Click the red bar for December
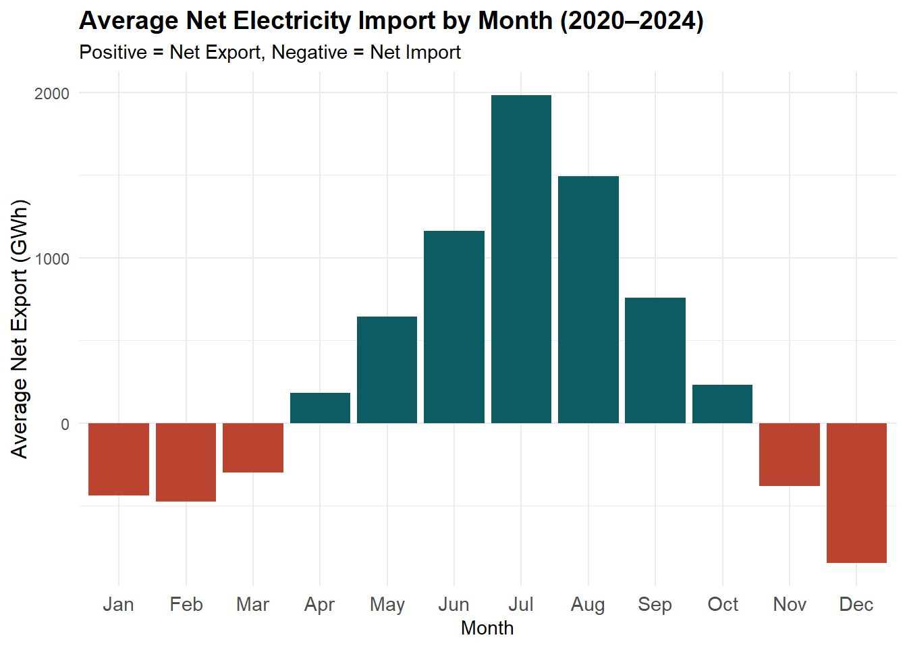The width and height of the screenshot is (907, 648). pos(856,493)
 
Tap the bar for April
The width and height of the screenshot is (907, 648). pos(320,408)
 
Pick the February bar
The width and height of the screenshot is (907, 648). pos(186,462)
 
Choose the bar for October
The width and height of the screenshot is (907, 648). pos(722,404)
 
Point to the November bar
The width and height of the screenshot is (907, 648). pos(790,454)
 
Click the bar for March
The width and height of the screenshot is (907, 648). pos(253,448)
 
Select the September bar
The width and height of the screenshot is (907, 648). pos(655,360)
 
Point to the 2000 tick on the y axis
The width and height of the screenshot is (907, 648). pos(52,93)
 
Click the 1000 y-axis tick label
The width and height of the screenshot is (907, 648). pos(52,259)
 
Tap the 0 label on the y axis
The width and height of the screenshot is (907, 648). pos(65,424)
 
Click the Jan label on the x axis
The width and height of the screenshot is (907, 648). pos(118,604)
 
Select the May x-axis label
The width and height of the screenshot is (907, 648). pos(387,604)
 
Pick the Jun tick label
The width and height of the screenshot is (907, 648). pos(453,604)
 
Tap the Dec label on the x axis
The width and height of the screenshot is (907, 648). pos(856,604)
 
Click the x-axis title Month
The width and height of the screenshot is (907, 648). pos(487,628)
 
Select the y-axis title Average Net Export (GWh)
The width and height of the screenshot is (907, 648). pos(20,329)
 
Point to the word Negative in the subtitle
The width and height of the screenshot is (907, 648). pos(309,52)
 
